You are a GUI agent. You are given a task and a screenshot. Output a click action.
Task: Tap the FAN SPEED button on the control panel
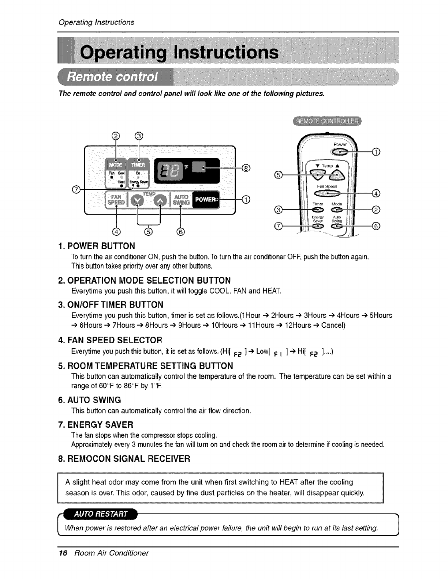(x=116, y=199)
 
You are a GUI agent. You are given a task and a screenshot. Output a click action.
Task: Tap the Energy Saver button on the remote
(x=317, y=227)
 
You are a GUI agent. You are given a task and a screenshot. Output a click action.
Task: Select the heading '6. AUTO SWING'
(x=94, y=400)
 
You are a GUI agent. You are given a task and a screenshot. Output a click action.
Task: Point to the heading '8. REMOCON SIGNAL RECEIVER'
(x=124, y=458)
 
